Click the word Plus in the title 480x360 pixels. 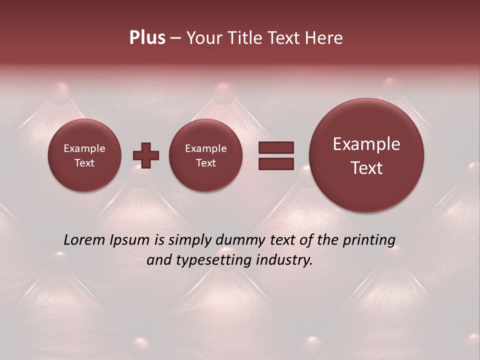click(x=147, y=38)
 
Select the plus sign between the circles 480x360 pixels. click(x=146, y=155)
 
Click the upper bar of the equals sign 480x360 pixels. click(x=276, y=147)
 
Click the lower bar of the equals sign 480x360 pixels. click(x=276, y=164)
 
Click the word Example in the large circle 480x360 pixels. click(x=366, y=144)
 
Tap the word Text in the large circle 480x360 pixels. click(x=366, y=168)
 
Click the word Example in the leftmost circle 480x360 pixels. click(x=84, y=148)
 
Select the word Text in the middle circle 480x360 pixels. click(x=206, y=163)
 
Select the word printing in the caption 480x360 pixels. click(x=368, y=240)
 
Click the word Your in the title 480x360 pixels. click(x=203, y=38)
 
